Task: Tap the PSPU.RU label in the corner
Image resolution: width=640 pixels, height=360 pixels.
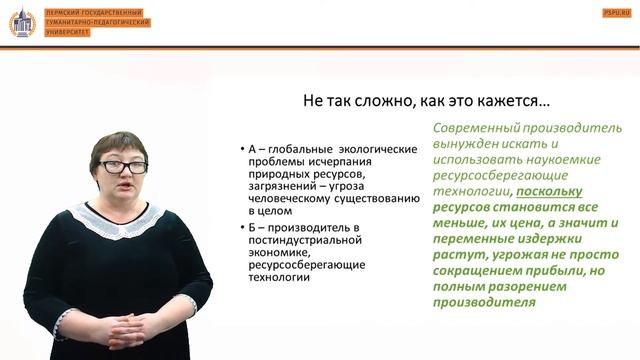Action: pyautogui.click(x=616, y=11)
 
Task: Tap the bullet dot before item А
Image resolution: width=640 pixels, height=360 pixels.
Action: pyautogui.click(x=243, y=150)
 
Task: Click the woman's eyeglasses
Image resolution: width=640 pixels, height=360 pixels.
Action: pyautogui.click(x=122, y=166)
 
